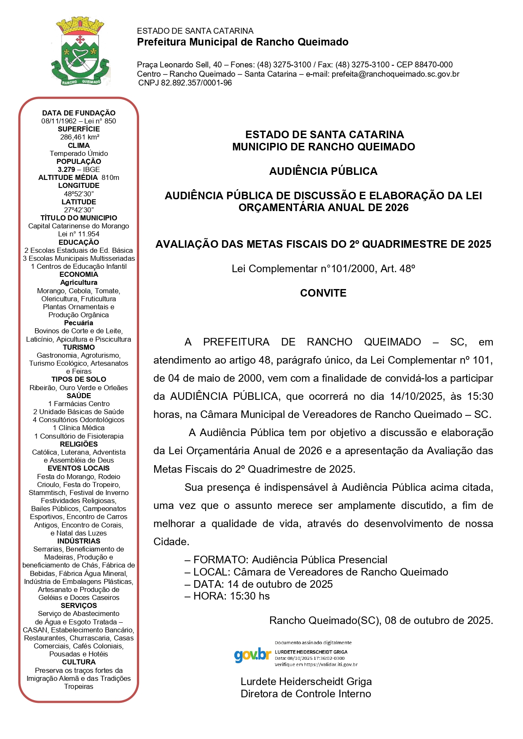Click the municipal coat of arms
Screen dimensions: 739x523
click(x=80, y=51)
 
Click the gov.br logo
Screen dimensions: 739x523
click(x=252, y=654)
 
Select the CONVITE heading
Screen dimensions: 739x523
click(x=323, y=293)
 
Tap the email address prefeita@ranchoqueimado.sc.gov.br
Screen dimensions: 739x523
click(x=395, y=74)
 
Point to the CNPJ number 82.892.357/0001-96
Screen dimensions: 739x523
click(x=196, y=83)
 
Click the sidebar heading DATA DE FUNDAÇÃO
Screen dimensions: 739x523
click(x=79, y=113)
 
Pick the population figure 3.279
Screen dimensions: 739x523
click(x=66, y=169)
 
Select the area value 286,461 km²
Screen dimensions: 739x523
click(x=79, y=137)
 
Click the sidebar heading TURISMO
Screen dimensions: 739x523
click(x=79, y=347)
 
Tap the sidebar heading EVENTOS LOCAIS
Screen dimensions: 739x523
click(x=79, y=468)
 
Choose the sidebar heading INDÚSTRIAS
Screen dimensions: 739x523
click(x=79, y=541)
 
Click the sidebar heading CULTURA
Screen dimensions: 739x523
click(x=79, y=662)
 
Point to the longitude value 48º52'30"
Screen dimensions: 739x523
click(x=79, y=194)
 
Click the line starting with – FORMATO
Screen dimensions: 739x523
click(x=286, y=560)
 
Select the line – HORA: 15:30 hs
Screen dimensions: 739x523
click(x=227, y=596)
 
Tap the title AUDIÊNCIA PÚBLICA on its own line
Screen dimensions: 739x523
click(x=323, y=171)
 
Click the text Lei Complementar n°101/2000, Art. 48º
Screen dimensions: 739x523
click(x=323, y=269)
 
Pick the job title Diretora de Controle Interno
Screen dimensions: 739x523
click(x=306, y=694)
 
